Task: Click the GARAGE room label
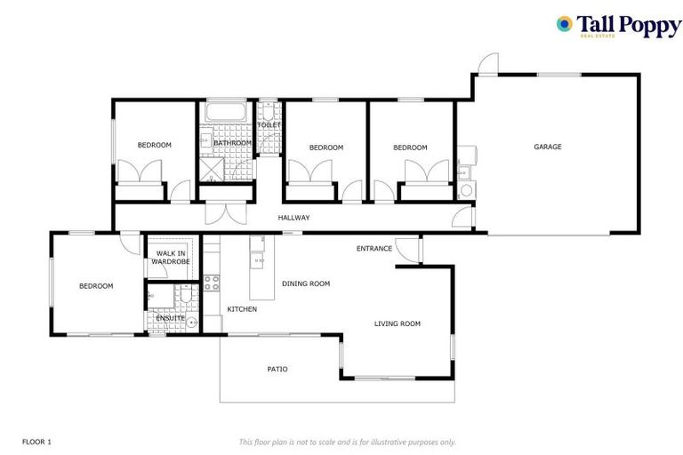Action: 547,147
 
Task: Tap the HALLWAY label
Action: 293,218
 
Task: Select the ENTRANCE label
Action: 374,249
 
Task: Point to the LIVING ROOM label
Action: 397,324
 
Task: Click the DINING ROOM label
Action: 306,283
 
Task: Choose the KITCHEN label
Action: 242,309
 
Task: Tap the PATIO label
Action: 277,369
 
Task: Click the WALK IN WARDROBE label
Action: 167,258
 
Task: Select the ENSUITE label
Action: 171,317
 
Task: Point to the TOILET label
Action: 269,125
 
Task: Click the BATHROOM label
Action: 232,142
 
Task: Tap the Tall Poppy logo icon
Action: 564,24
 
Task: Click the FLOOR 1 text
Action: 36,441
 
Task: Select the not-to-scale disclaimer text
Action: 347,442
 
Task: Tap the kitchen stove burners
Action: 213,283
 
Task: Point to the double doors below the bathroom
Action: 223,214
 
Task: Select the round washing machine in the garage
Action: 465,191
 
